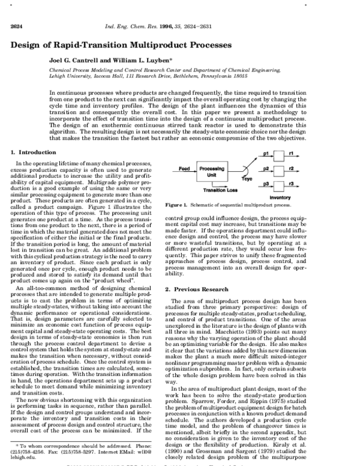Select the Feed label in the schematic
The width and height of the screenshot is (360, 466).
185,169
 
